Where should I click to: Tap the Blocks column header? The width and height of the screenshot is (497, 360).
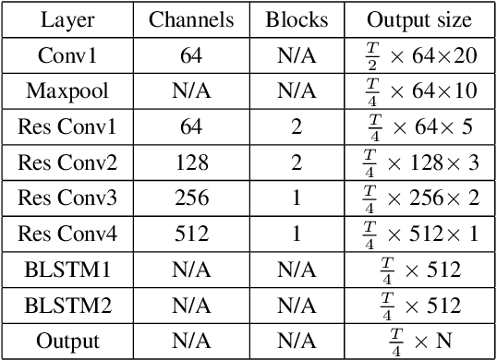pyautogui.click(x=296, y=19)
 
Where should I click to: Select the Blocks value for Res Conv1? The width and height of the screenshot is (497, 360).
pyautogui.click(x=296, y=127)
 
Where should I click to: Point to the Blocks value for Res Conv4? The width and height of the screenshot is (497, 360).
pyautogui.click(x=296, y=234)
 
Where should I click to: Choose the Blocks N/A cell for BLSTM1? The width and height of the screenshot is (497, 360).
pyautogui.click(x=296, y=269)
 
